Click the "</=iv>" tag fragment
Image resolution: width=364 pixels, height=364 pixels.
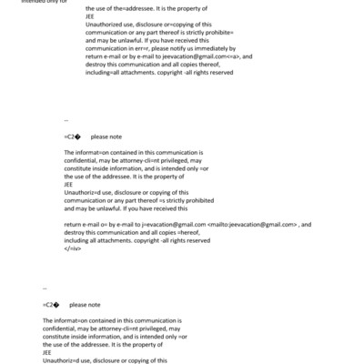(x=74, y=248)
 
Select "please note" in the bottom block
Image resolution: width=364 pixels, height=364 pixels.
(x=85, y=305)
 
